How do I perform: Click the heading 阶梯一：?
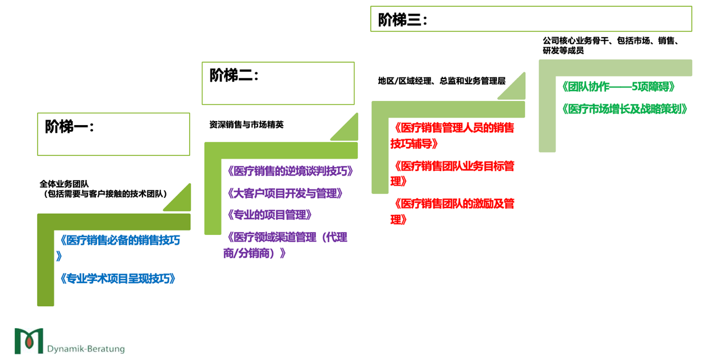(70, 127)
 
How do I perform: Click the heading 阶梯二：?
(234, 75)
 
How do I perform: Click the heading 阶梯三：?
(402, 20)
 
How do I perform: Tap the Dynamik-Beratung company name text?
(86, 349)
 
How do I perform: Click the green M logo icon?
(29, 340)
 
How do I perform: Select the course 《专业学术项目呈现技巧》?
(117, 279)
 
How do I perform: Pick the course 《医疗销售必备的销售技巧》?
(119, 241)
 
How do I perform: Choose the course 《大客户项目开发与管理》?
(284, 193)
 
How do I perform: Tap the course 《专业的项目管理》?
(268, 215)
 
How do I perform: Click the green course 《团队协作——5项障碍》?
(617, 87)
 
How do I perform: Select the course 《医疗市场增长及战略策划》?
(624, 109)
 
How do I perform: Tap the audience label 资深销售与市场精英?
(246, 124)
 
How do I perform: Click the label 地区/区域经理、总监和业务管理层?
(442, 81)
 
